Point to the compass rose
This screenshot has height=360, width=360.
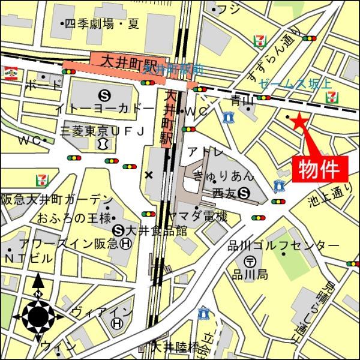click(x=38, y=313)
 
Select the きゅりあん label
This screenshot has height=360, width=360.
click(x=223, y=176)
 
